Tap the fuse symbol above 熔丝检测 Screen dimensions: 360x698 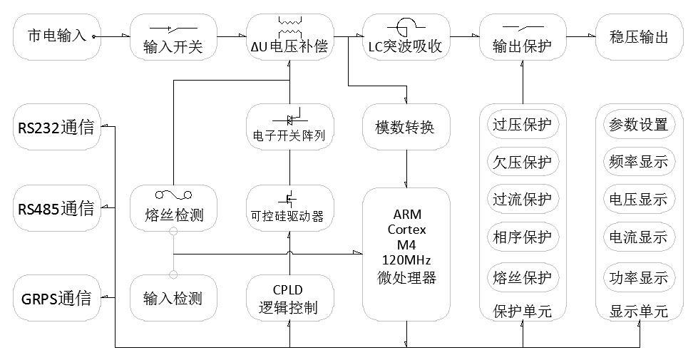173,194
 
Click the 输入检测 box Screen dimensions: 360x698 173,297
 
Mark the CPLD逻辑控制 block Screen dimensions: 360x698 289,299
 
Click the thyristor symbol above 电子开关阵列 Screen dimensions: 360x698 289,117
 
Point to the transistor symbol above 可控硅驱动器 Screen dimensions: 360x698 289,197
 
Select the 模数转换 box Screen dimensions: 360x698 406,127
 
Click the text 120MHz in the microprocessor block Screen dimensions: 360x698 406,259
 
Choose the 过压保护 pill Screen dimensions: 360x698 523,125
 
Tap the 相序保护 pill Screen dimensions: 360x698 523,237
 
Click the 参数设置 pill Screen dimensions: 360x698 639,125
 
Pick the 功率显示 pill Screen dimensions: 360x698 639,277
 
